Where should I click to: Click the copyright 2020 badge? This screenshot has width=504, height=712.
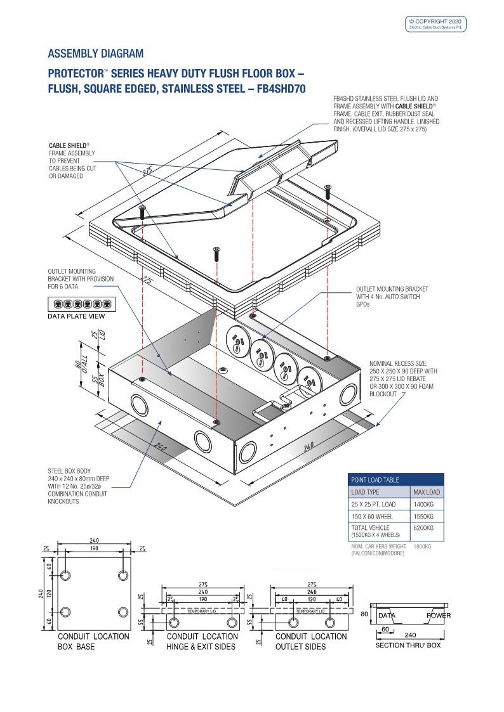pos(436,24)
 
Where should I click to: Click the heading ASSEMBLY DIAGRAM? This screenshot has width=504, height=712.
pos(96,53)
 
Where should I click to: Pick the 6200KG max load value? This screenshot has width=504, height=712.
pos(423,528)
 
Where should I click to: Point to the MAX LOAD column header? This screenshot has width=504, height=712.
pos(427,492)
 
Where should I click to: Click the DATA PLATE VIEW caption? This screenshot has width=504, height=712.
pos(77,316)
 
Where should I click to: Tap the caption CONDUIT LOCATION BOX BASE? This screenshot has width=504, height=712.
pos(93,641)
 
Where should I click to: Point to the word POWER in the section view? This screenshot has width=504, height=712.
pos(439,615)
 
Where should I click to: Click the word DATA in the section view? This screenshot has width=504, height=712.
pos(387,615)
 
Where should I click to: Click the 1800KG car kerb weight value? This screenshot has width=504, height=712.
pos(423,546)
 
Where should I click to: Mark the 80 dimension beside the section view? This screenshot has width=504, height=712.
pos(364,614)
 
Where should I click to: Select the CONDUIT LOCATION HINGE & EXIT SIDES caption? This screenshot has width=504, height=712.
pos(202,641)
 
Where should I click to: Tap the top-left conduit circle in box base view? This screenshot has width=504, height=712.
pos(65,576)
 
